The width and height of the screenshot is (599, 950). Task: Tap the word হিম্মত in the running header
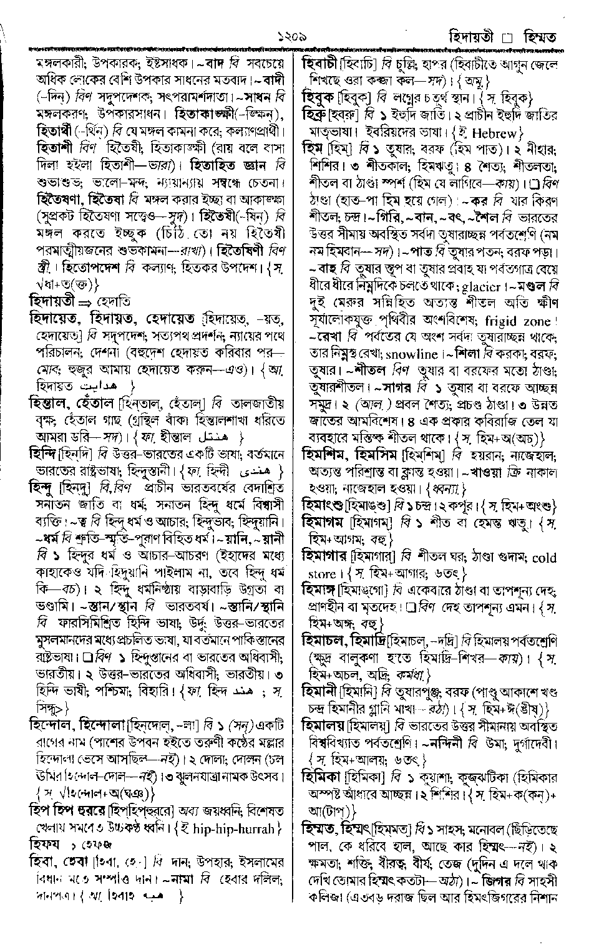click(x=532, y=37)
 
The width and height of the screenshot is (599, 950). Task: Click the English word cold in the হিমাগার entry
click(x=544, y=558)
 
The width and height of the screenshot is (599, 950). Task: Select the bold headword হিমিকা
click(x=321, y=777)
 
